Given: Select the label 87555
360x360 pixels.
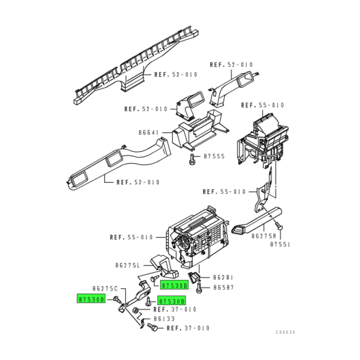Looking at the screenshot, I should click(214, 156).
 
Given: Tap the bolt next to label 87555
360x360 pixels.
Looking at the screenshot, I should click(191, 159).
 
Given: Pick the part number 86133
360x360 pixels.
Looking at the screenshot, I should click(159, 318).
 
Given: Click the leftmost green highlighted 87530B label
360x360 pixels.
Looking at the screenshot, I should click(91, 299).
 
